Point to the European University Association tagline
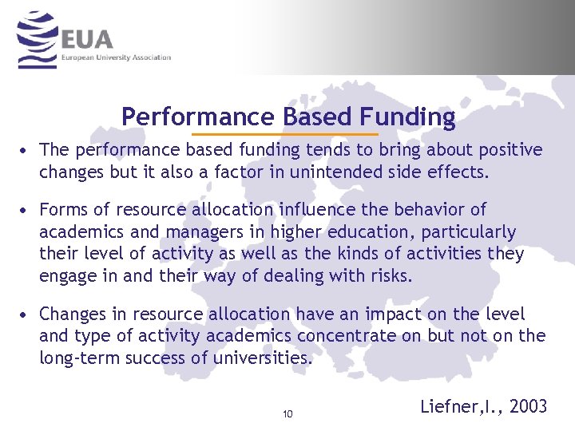[x=116, y=57]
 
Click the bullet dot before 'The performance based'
[x=26, y=150]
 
